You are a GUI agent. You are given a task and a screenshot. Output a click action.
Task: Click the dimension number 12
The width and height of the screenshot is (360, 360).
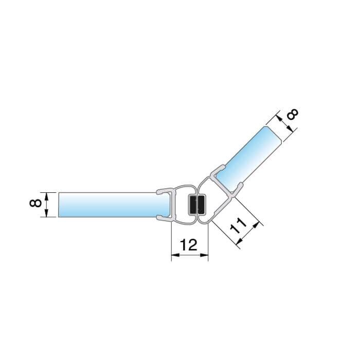(x=189, y=245)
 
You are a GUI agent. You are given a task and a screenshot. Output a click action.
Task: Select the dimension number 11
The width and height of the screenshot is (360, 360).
(x=238, y=226)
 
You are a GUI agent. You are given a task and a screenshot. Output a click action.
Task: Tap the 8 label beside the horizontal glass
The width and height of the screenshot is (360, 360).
(x=35, y=203)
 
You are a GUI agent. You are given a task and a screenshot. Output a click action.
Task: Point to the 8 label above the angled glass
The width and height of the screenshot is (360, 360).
(x=293, y=114)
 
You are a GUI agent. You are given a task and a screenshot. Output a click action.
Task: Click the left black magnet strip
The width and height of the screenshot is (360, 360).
(x=192, y=205)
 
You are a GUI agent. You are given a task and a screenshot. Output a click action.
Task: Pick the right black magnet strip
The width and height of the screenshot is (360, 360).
(x=201, y=205)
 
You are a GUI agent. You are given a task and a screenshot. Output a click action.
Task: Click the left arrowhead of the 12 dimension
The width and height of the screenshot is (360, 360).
(x=175, y=255)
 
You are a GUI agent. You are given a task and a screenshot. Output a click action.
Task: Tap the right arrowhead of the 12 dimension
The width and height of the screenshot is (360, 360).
(x=204, y=255)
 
